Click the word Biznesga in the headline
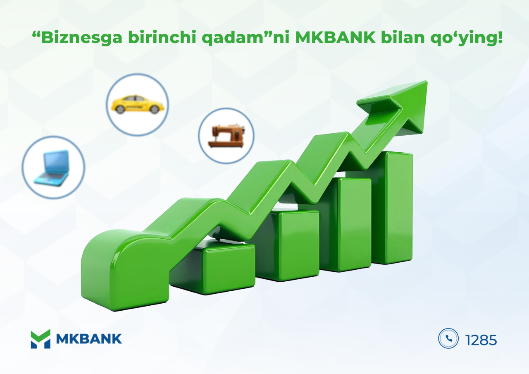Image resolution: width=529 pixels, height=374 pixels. tap(82, 37)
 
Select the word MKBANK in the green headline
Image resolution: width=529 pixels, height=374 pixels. tap(335, 37)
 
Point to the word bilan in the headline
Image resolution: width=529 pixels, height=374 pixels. tap(403, 37)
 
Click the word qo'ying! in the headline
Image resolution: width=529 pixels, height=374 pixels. tap(467, 38)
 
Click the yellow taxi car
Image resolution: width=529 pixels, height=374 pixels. tap(137, 104)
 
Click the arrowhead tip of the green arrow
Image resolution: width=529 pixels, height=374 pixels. tap(427, 82)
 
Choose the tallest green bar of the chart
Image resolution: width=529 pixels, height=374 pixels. tap(392, 208)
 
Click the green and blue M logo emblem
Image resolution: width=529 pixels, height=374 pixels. tap(41, 339)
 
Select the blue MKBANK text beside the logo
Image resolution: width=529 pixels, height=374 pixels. tap(89, 339)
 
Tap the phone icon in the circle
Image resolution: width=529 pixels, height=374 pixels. tap(448, 338)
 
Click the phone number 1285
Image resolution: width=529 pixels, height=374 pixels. tap(481, 340)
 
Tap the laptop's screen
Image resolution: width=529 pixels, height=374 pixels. tap(57, 162)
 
